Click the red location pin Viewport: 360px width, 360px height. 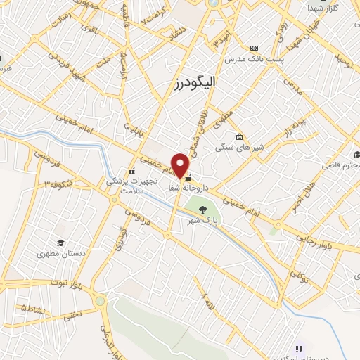[181, 165]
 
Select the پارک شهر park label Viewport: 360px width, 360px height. [199, 221]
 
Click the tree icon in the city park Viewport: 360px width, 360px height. [203, 210]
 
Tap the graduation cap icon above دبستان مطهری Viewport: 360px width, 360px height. [61, 242]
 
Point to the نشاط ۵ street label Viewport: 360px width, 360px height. [35, 308]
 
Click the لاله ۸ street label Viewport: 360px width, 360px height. [206, 300]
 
